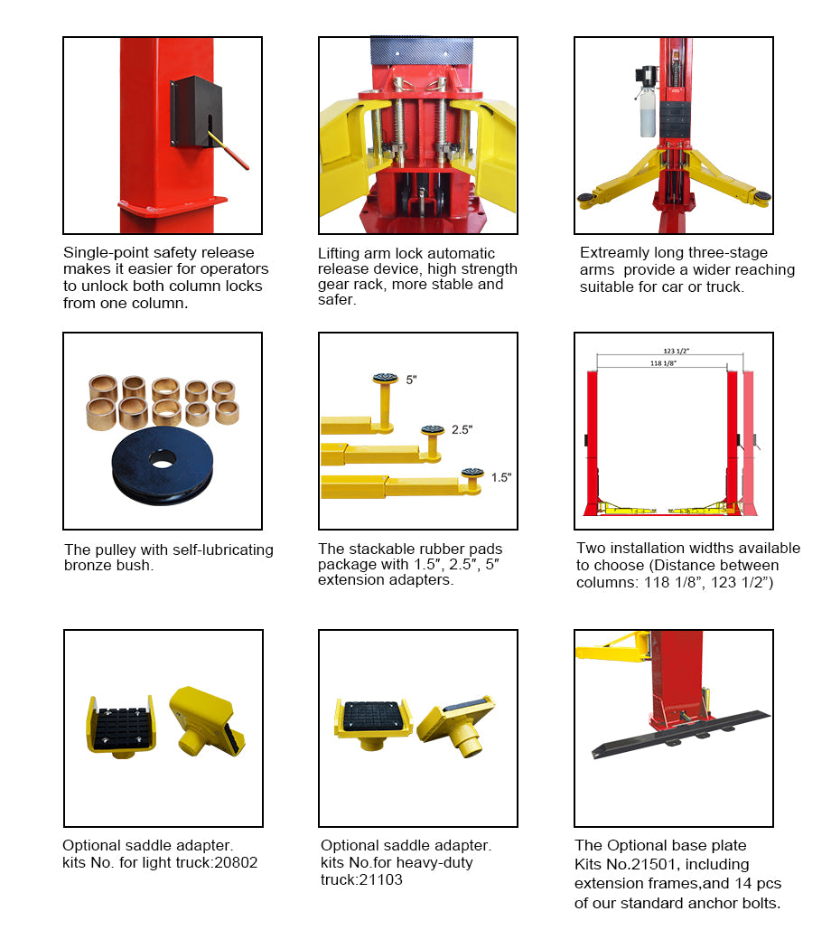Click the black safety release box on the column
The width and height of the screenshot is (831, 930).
(196, 111)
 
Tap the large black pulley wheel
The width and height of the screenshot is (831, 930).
(163, 465)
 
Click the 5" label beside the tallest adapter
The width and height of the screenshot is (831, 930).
(411, 380)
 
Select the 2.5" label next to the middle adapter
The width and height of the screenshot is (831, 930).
(462, 429)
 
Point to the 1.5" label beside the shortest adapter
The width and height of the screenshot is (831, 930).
(500, 477)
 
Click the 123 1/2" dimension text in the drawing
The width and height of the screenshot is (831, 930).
(677, 351)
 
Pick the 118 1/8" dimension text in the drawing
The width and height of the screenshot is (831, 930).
(663, 363)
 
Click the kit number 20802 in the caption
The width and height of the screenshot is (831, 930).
(236, 862)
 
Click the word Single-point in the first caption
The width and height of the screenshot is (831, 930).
(98, 253)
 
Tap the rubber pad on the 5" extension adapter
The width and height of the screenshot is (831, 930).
(386, 378)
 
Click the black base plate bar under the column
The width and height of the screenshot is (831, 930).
(681, 734)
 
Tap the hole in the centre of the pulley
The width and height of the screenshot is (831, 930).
(163, 458)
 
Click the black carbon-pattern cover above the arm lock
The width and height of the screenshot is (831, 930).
(422, 50)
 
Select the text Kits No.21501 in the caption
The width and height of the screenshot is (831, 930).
(619, 864)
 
